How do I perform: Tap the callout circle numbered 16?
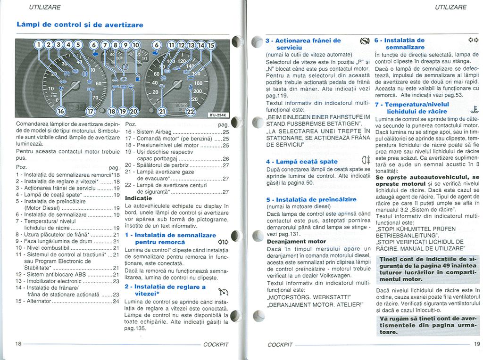click(61, 111)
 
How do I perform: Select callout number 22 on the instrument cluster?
click(191, 112)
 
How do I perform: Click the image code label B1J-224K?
click(218, 115)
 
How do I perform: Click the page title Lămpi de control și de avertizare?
click(79, 24)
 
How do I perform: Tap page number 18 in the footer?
click(18, 344)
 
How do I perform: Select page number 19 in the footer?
click(476, 344)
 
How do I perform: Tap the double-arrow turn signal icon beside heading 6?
click(473, 40)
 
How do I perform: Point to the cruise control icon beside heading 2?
click(218, 291)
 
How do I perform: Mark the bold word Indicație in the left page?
click(138, 198)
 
